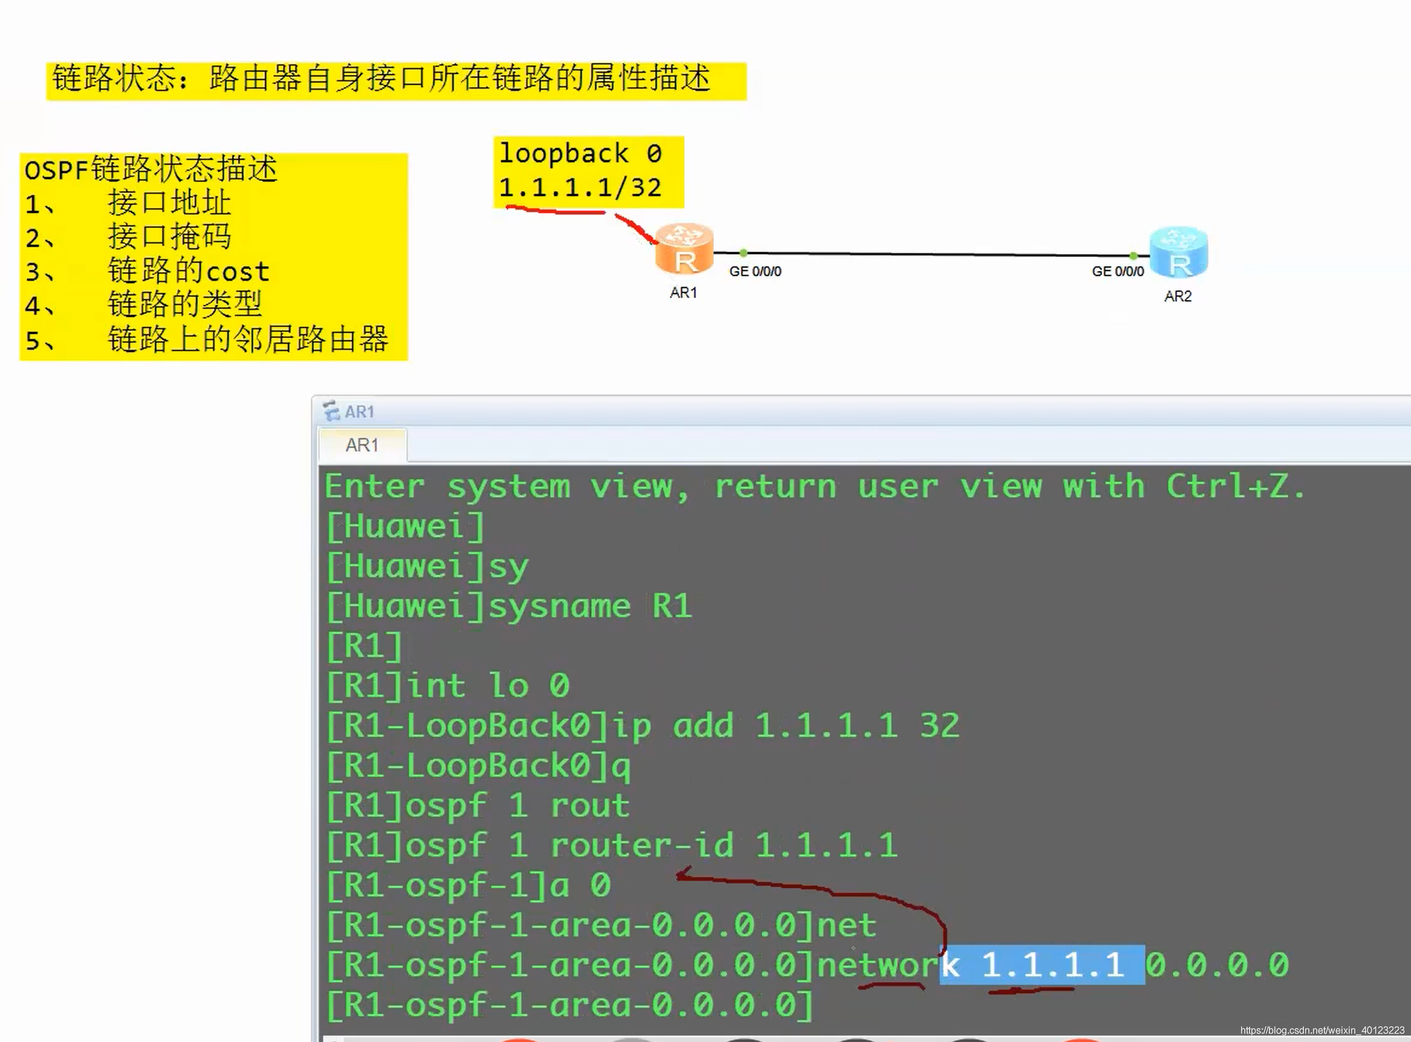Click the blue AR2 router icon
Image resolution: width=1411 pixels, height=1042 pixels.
tap(1178, 252)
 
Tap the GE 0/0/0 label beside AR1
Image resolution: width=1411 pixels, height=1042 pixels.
tap(754, 271)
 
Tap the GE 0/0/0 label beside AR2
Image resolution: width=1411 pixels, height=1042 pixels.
tap(1117, 271)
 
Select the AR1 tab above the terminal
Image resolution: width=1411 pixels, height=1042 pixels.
tap(362, 445)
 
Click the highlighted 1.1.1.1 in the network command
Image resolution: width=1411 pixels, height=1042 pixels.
tap(1053, 965)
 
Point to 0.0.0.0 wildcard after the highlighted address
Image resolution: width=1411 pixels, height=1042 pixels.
tap(1217, 965)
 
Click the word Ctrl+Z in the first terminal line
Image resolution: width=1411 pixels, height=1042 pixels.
tap(1234, 486)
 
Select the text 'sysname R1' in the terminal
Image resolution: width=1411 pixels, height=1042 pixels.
tap(590, 606)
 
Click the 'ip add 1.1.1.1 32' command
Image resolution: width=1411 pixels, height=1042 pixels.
tap(785, 725)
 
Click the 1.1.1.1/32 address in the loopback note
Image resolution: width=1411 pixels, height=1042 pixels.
tap(580, 187)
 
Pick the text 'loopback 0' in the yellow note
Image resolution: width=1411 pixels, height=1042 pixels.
tap(580, 153)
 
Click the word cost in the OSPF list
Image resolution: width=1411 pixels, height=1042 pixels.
tap(238, 272)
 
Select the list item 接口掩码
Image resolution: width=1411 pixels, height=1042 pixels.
tap(169, 236)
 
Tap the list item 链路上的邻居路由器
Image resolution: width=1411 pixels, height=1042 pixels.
tap(248, 339)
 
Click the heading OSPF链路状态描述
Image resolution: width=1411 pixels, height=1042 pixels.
tap(151, 169)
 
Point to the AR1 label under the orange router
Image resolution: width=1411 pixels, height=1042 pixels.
tap(683, 293)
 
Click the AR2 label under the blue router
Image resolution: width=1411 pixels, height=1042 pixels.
tap(1178, 296)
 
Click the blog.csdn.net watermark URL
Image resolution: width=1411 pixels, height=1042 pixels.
tap(1322, 1031)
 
